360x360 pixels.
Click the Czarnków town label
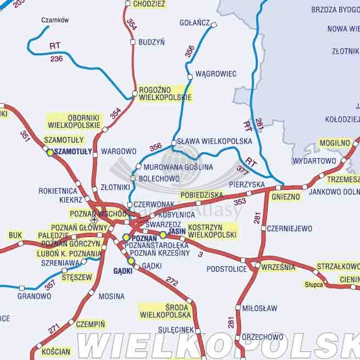(55, 20)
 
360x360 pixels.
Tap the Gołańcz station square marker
(214, 24)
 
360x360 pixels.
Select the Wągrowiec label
(216, 74)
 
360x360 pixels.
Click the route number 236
(57, 59)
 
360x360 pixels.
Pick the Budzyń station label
(152, 42)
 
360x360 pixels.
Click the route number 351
(25, 136)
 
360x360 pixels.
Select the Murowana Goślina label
(171, 167)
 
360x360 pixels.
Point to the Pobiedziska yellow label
(202, 195)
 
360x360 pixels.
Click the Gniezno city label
(285, 196)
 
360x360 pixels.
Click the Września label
(279, 267)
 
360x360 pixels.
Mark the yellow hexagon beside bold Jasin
(163, 235)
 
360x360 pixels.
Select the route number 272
(172, 282)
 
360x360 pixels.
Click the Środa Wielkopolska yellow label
(165, 311)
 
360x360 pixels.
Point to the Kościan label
(55, 351)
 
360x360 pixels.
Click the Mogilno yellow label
(334, 143)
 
